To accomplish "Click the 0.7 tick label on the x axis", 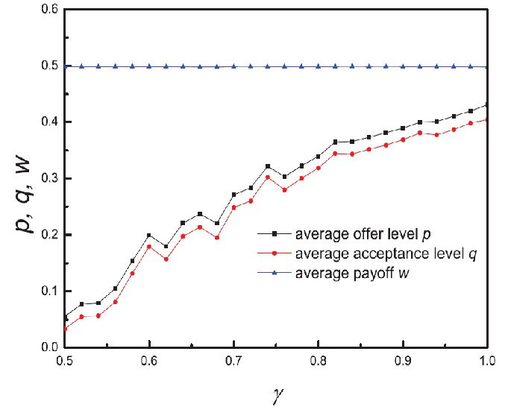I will pyautogui.click(x=234, y=361).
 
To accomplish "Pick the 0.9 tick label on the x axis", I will pyautogui.click(x=403, y=361).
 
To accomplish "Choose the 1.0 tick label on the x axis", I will pyautogui.click(x=486, y=361).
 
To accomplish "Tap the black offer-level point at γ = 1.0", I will pyautogui.click(x=487, y=105).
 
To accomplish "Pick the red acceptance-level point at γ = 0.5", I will pyautogui.click(x=66, y=329).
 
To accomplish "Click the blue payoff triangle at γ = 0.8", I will pyautogui.click(x=319, y=66).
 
